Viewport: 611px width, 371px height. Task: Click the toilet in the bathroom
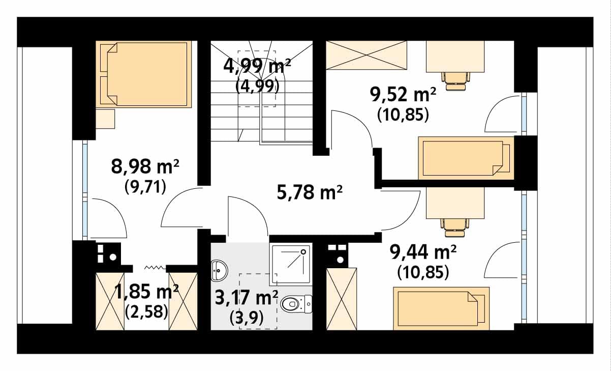[296, 304]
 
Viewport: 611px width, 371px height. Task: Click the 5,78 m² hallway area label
[310, 192]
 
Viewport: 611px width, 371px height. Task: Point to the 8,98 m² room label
[145, 166]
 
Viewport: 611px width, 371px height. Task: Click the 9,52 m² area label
[403, 95]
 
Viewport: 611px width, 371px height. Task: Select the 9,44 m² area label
[423, 252]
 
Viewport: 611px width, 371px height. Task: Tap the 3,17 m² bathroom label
[247, 298]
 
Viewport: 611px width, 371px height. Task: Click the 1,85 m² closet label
[146, 292]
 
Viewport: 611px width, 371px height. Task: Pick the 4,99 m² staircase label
[257, 66]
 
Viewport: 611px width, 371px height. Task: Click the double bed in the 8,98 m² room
[143, 74]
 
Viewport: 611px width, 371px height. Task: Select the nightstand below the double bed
[105, 119]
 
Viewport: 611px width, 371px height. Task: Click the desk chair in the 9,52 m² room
[455, 81]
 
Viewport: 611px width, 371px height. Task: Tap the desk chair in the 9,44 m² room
[454, 227]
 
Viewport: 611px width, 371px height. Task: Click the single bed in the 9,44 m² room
[441, 308]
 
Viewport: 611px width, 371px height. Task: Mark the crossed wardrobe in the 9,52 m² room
[366, 55]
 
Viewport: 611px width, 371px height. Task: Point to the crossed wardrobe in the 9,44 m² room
[342, 299]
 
